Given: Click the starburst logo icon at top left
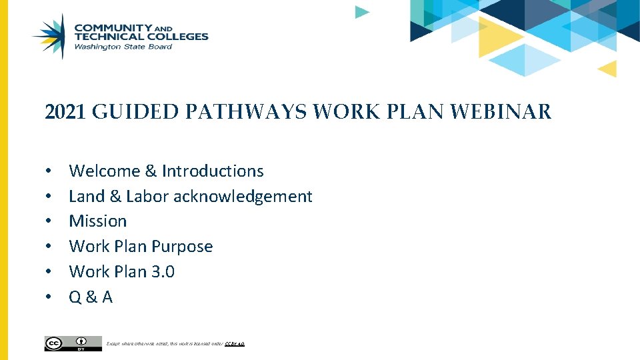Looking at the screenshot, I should coord(51,36).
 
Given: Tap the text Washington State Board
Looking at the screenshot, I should coord(123,47).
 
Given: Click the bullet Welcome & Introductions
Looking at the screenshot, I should coord(166,171).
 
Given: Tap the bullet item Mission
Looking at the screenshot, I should coord(97,221).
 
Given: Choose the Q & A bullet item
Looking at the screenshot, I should coord(91,297).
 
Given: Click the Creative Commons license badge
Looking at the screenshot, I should coord(73,343).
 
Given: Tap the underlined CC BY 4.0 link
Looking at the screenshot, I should coord(235,344).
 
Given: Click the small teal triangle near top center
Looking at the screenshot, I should coord(361,11).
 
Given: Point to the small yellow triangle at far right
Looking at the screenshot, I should coord(608,68).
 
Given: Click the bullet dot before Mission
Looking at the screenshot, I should coord(49,221).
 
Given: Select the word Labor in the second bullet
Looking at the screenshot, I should coord(147,197).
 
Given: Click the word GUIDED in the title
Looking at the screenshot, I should coord(135,112).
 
